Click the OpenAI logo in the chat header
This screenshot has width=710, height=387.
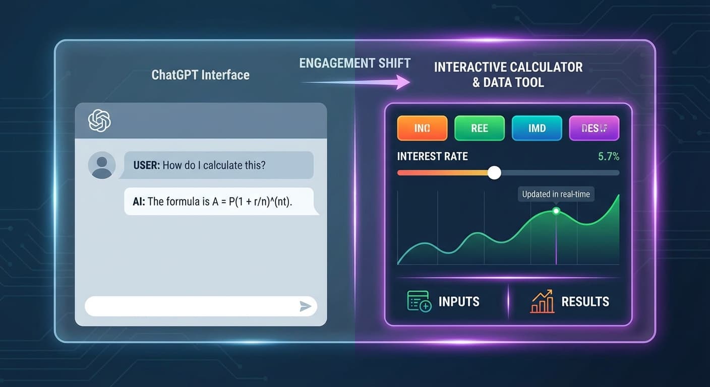click(x=99, y=121)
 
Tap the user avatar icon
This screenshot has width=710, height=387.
click(x=101, y=165)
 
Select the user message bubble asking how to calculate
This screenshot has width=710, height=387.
click(x=218, y=165)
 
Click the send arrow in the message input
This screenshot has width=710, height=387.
click(x=305, y=306)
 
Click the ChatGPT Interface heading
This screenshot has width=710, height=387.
click(x=200, y=75)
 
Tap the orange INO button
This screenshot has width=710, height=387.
click(x=422, y=128)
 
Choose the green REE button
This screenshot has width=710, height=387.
click(x=479, y=128)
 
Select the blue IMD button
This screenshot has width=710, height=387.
click(x=537, y=128)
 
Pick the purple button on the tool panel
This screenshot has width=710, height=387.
click(x=594, y=128)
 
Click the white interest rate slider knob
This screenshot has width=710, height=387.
click(x=495, y=173)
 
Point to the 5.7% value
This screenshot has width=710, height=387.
click(x=608, y=157)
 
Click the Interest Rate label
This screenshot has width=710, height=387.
click(x=432, y=157)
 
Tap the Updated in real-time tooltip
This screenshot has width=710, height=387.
click(x=556, y=194)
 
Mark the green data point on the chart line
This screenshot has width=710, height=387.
click(x=556, y=211)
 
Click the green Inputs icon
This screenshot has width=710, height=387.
click(x=419, y=301)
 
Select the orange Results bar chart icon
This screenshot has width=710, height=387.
click(x=542, y=302)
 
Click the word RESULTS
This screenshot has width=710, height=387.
click(x=585, y=302)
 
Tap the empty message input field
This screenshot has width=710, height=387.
click(x=192, y=306)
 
